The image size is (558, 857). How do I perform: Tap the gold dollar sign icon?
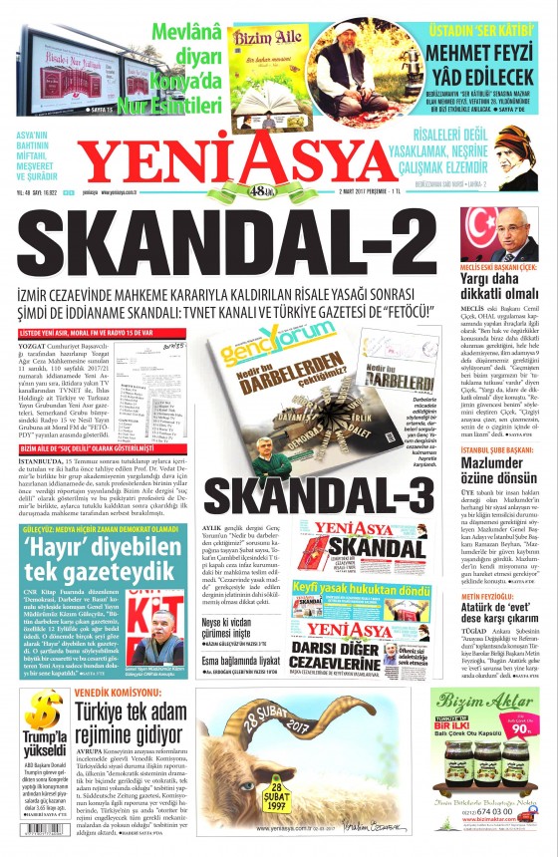coord(41,711)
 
